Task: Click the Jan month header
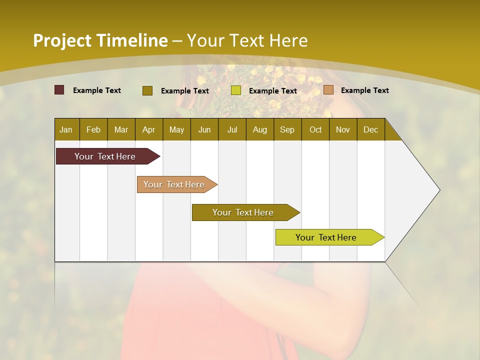pyautogui.click(x=66, y=129)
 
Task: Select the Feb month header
pyautogui.click(x=93, y=129)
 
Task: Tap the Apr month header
pyautogui.click(x=148, y=129)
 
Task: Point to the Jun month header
pyautogui.click(x=204, y=129)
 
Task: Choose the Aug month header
pyautogui.click(x=259, y=129)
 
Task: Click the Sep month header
pyautogui.click(x=287, y=129)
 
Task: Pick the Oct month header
pyautogui.click(x=315, y=129)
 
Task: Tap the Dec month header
pyautogui.click(x=370, y=129)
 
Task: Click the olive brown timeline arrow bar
pyautogui.click(x=243, y=212)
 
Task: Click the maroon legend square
pyautogui.click(x=59, y=90)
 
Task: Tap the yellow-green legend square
pyautogui.click(x=236, y=90)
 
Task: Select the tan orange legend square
pyautogui.click(x=328, y=90)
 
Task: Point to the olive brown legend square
pyautogui.click(x=147, y=90)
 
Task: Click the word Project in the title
pyautogui.click(x=62, y=40)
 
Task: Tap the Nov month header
pyautogui.click(x=343, y=129)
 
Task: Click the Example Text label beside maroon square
pyautogui.click(x=97, y=90)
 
